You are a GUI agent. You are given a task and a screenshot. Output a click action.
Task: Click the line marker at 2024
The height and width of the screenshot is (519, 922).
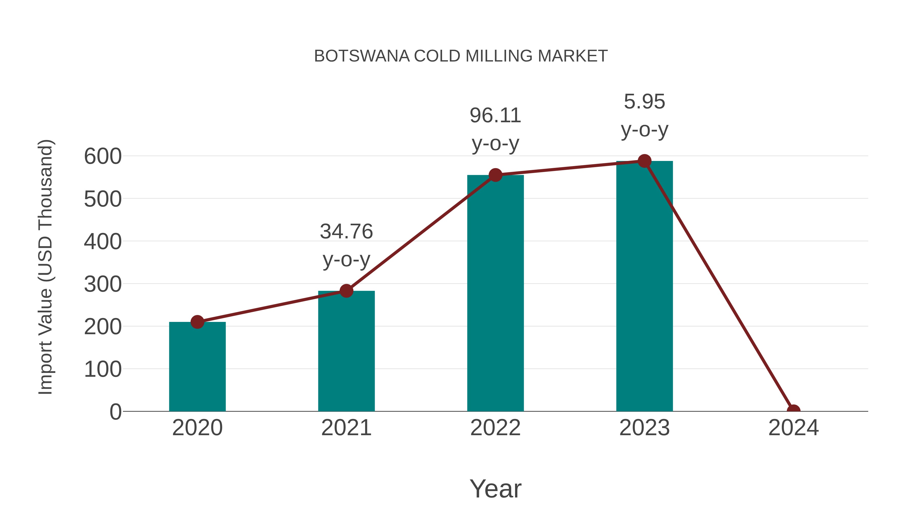tap(793, 411)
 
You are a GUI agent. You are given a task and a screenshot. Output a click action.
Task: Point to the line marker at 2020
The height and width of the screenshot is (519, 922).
tap(197, 322)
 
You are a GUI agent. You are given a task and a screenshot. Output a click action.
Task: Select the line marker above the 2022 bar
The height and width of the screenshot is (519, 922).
tap(495, 175)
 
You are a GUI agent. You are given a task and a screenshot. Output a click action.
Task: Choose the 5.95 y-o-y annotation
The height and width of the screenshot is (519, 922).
tap(644, 115)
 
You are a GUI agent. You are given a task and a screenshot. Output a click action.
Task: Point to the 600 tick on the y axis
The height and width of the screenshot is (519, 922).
tap(103, 157)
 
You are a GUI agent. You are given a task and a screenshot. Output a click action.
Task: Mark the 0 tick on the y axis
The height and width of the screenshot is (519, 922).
tap(116, 412)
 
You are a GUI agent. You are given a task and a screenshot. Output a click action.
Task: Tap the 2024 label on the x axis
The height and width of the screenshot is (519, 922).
tap(793, 428)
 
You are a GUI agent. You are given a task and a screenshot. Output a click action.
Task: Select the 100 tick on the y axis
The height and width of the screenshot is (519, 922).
tap(103, 369)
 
